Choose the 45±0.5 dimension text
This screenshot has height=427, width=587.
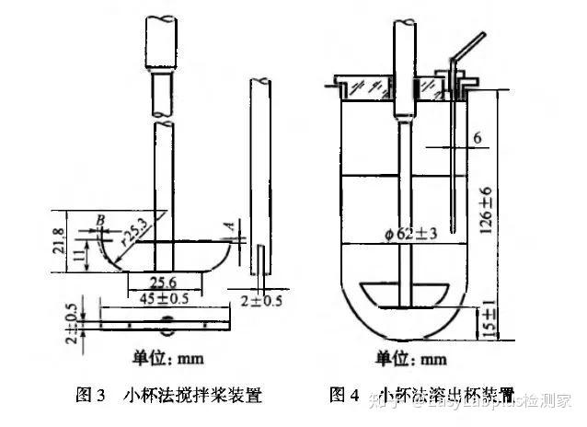coord(164,298)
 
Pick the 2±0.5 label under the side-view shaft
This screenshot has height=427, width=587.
coord(264,299)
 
